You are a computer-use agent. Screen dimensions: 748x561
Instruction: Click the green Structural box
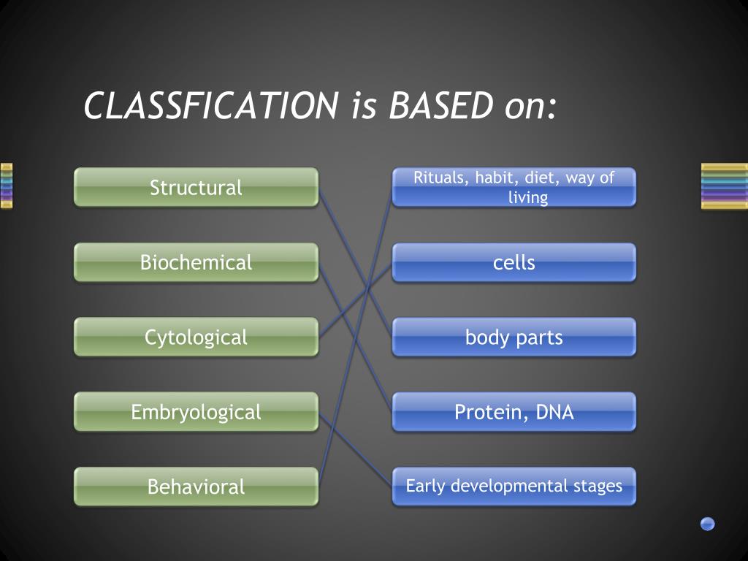click(x=196, y=188)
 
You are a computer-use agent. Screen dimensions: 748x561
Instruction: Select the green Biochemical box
click(x=196, y=262)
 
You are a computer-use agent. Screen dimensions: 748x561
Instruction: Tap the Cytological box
click(x=196, y=337)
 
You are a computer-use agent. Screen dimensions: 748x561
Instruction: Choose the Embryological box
click(x=196, y=412)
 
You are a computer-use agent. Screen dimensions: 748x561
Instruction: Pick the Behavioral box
click(x=196, y=486)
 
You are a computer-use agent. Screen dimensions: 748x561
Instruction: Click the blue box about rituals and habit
click(x=514, y=188)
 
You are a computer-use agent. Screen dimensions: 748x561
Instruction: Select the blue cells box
click(x=514, y=262)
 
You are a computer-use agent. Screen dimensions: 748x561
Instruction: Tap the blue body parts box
click(x=514, y=337)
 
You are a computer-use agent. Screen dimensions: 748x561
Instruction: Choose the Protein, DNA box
click(x=514, y=412)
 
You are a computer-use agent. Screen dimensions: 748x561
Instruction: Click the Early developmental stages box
click(x=514, y=486)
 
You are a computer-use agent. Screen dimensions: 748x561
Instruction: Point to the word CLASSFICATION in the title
click(x=209, y=106)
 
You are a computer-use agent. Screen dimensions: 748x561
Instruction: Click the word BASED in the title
click(x=440, y=106)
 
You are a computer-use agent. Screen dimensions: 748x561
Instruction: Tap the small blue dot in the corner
click(x=707, y=523)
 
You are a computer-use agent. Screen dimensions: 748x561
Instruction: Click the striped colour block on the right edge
click(x=724, y=186)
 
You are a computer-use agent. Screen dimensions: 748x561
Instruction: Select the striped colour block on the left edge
click(x=7, y=186)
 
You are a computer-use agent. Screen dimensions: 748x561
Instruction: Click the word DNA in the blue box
click(x=554, y=413)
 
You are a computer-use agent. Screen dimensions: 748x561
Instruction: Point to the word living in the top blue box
click(x=527, y=198)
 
